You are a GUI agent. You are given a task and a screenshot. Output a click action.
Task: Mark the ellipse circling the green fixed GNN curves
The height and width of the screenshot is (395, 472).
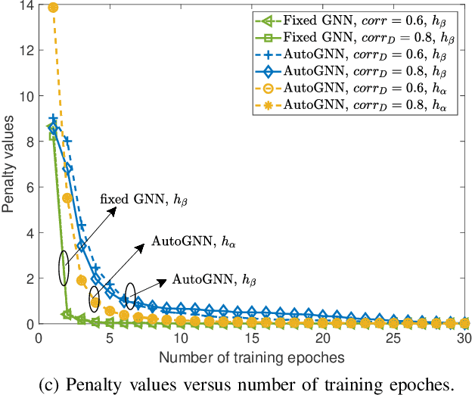coord(64,268)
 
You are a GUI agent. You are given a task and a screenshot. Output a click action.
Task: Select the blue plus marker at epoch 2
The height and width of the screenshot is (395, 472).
coord(67,141)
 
